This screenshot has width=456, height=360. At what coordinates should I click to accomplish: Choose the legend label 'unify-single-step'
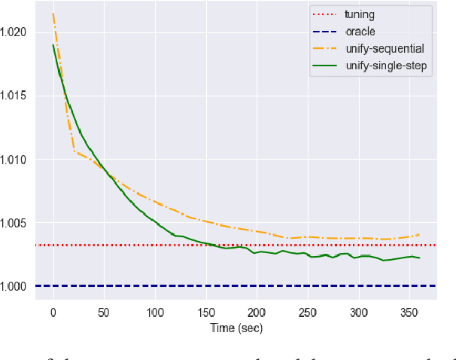click(384, 66)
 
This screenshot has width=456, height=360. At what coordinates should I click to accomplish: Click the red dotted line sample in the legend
click(325, 14)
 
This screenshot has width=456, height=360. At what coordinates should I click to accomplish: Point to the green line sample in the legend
click(325, 66)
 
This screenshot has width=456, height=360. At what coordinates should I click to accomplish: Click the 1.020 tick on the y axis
click(14, 32)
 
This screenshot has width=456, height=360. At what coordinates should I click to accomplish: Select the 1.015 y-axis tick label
click(14, 96)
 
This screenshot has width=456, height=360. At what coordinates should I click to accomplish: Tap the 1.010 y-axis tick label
click(14, 160)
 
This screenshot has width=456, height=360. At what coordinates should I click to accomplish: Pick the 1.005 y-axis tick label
click(14, 223)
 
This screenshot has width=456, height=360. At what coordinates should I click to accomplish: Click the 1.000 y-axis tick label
click(14, 286)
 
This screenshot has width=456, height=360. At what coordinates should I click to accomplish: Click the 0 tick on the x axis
click(53, 312)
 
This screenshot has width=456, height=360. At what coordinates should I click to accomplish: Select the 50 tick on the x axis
click(104, 312)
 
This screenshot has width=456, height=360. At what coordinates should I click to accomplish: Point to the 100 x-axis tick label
click(155, 312)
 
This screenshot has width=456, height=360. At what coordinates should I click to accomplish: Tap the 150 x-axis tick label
click(205, 312)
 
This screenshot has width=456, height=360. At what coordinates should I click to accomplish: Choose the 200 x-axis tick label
click(257, 312)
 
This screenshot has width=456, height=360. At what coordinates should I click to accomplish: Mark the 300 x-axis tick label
click(359, 312)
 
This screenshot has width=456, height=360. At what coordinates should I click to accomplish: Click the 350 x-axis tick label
click(409, 312)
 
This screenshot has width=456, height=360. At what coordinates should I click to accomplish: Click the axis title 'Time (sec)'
click(236, 328)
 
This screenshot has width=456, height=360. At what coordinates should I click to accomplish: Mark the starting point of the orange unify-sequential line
click(53, 14)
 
